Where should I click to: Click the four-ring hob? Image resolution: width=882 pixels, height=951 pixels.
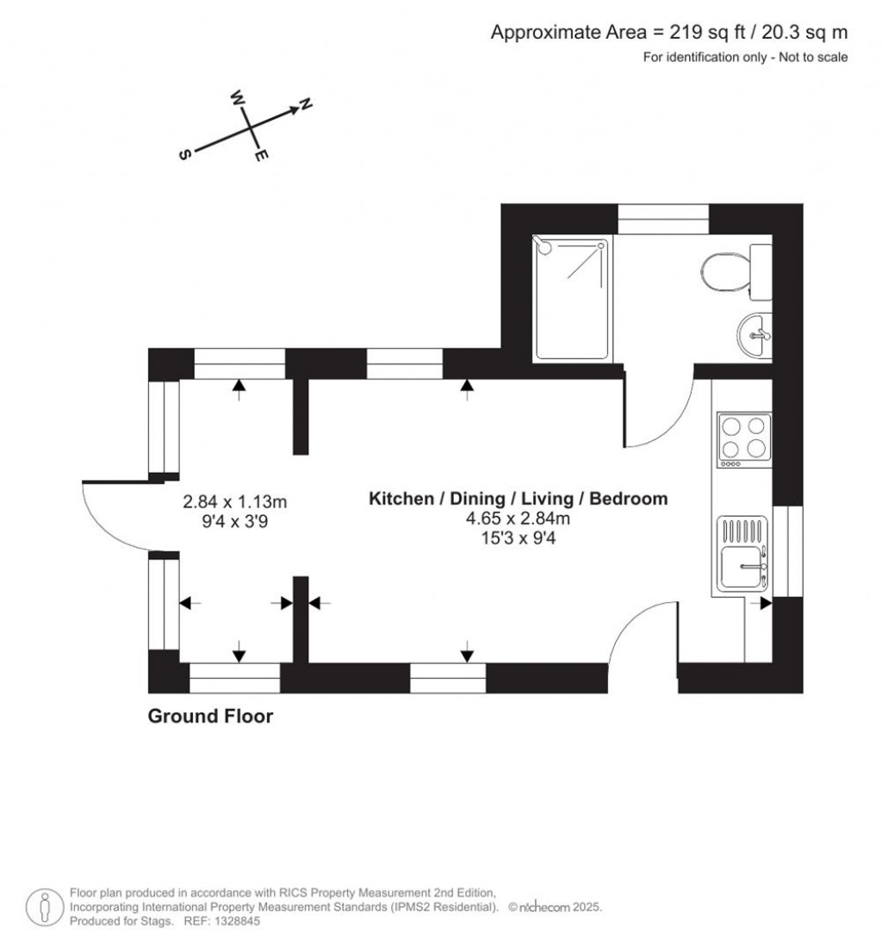pos(743,437)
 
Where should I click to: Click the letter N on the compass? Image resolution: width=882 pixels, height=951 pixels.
pos(305,105)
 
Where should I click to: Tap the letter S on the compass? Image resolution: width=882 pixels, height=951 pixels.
pos(184,154)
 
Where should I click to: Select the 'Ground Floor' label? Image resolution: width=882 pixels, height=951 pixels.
pos(210,716)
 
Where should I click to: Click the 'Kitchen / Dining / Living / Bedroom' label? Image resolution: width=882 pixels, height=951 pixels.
pos(519,499)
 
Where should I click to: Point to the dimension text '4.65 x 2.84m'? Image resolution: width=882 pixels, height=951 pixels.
pos(519,519)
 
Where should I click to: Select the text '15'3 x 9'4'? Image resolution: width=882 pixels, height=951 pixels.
pos(519,538)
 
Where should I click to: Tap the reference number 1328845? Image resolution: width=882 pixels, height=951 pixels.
pos(233,921)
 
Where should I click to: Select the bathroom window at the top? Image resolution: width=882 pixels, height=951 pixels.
pos(663,220)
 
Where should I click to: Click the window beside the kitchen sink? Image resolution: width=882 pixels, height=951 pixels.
pos(788,551)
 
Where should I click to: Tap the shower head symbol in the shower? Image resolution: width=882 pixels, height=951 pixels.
pos(543,246)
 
